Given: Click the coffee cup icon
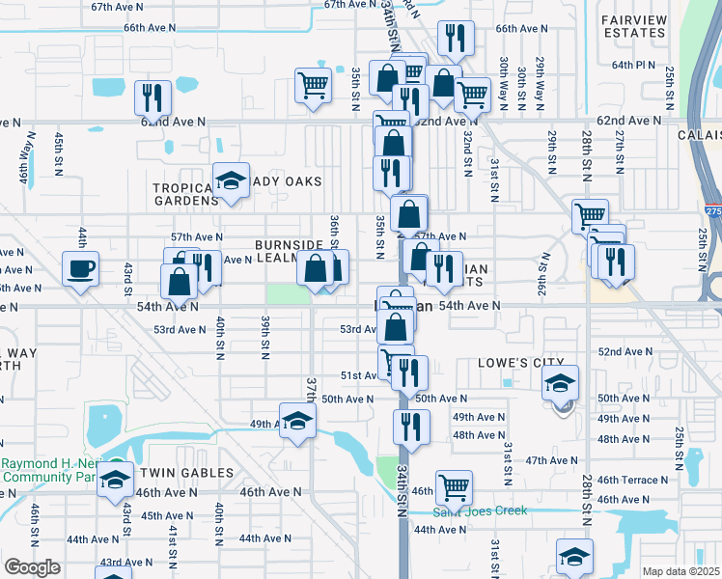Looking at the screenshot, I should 80,267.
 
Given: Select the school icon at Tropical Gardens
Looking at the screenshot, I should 231,180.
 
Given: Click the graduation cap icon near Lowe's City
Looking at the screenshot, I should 561,383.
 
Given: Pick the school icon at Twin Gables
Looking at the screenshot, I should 116,480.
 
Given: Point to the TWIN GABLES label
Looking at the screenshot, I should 186,473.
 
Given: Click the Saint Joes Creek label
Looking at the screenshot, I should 480,510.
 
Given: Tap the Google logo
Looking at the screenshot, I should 32,567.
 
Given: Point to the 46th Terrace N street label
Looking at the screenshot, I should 631,480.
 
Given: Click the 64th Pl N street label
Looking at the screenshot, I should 633,66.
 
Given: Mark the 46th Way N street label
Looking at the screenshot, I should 23,160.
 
